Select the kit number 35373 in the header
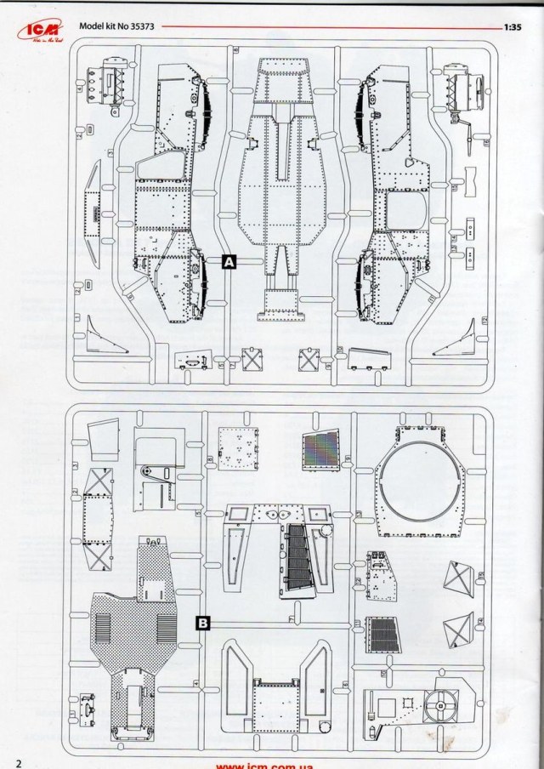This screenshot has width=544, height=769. coord(139,26)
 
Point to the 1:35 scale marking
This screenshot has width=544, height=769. coord(511,26)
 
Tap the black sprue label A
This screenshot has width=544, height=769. coord(228,263)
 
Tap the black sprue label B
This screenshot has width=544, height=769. coord(203,624)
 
